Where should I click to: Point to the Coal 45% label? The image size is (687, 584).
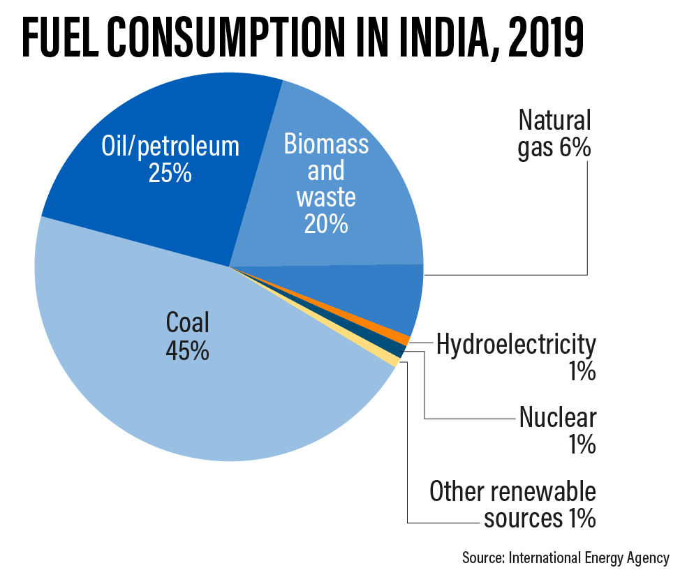point(187,336)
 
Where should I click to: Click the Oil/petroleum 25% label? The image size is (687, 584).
point(170,159)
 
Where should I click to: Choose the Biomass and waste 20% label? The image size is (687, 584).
point(325,184)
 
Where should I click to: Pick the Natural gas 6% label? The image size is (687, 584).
point(554,134)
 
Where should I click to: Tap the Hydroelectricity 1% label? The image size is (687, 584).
point(516,357)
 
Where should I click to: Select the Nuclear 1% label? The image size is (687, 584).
point(557,430)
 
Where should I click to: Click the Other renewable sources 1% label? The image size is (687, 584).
point(512,504)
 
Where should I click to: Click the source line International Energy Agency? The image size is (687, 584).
point(565,558)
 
